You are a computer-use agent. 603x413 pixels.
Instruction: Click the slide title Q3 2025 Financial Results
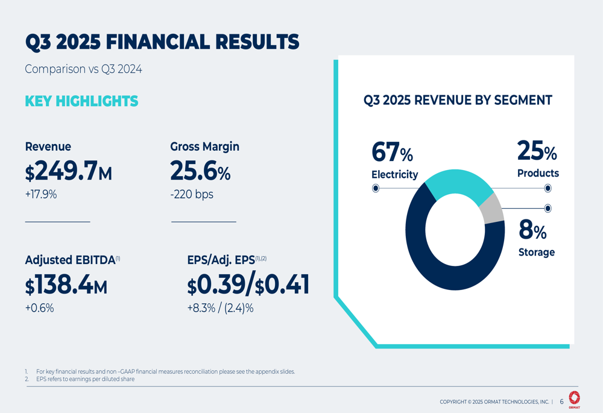[x=162, y=42]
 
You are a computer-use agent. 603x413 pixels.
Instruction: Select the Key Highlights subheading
[x=81, y=101]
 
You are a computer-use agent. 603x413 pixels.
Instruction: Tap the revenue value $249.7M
[x=68, y=172]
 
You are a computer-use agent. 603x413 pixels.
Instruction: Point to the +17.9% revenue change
[x=41, y=195]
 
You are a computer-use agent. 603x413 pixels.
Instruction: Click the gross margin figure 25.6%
[x=200, y=172]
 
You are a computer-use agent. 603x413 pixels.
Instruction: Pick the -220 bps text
[x=192, y=195]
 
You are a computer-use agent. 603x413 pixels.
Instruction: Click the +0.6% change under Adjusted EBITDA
[x=39, y=308]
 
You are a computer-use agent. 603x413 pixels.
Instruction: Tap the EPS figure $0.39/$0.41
[x=248, y=285]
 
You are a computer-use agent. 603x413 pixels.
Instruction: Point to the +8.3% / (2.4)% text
[x=220, y=308]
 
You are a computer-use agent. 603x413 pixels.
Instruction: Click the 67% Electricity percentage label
[x=393, y=153]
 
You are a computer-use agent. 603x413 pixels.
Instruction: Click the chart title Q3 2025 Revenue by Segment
[x=458, y=101]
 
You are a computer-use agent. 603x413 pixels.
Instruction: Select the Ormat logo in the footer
[x=574, y=399]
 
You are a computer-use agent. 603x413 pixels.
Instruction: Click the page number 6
[x=561, y=402]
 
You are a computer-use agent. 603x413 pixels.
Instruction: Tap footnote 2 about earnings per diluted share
[x=84, y=379]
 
